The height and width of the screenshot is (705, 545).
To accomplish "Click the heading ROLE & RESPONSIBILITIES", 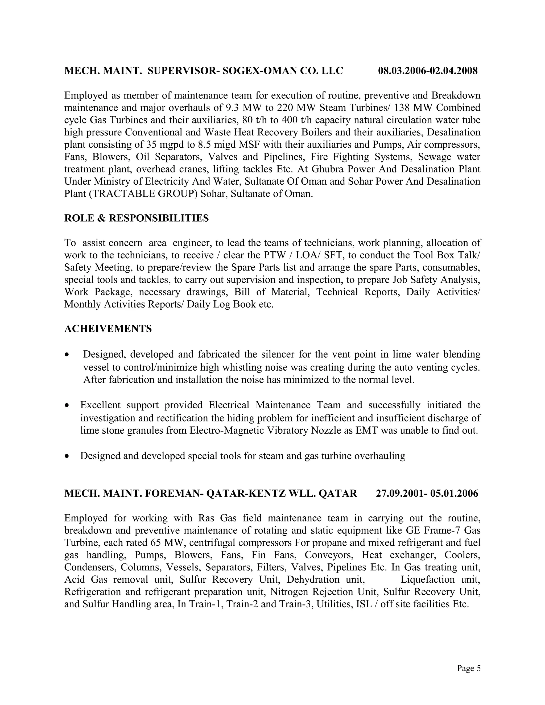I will pos(137,218).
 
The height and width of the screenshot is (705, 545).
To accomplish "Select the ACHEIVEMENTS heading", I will pos(108,329).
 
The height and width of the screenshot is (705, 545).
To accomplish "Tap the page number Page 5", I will pos(468,668).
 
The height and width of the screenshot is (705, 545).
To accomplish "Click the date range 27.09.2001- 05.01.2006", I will pos(427,493).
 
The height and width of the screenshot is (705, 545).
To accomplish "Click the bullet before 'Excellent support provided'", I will pos(67,405).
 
